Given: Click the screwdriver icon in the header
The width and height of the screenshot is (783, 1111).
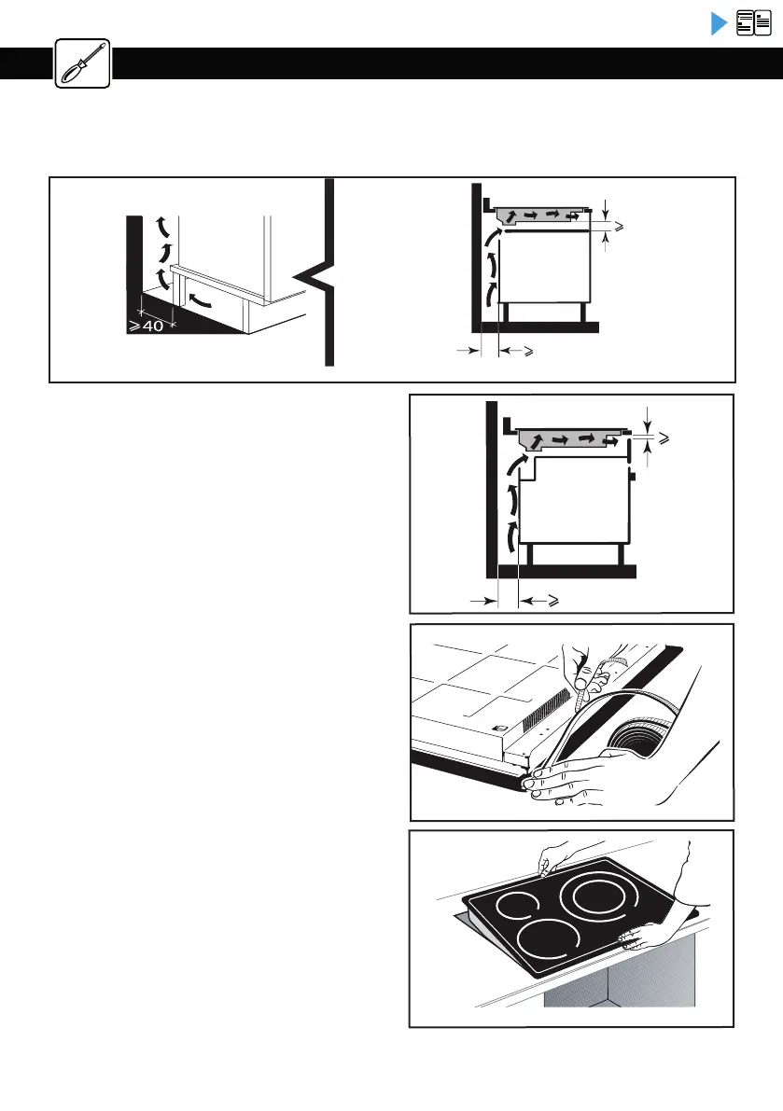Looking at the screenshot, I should tap(82, 63).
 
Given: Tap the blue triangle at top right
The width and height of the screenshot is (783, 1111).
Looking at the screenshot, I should tap(718, 23).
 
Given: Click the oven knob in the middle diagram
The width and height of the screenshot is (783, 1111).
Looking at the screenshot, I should tap(632, 477).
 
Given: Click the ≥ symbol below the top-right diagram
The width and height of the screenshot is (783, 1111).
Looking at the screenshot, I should tap(528, 352).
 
